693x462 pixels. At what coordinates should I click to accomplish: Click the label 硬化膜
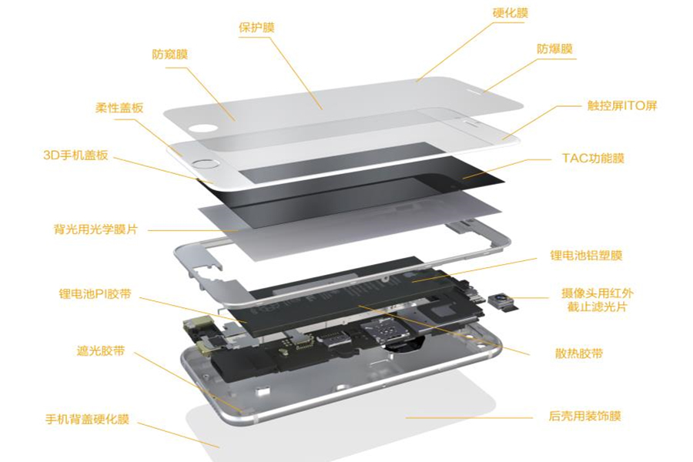pyautogui.click(x=510, y=13)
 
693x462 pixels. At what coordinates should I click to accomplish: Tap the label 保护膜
pyautogui.click(x=256, y=28)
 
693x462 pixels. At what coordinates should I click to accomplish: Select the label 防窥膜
pyautogui.click(x=170, y=55)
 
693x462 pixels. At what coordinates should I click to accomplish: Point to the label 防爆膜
pyautogui.click(x=554, y=49)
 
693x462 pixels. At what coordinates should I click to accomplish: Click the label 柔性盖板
pyautogui.click(x=119, y=108)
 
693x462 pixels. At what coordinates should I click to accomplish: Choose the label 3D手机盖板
pyautogui.click(x=75, y=156)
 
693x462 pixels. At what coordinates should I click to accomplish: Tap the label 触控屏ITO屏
pyautogui.click(x=622, y=106)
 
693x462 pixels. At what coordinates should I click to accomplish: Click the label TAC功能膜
pyautogui.click(x=593, y=159)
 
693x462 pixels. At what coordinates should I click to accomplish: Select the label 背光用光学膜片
pyautogui.click(x=95, y=229)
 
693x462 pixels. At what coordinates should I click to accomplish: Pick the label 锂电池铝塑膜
pyautogui.click(x=586, y=256)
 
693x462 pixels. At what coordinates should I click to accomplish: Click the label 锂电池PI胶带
pyautogui.click(x=95, y=294)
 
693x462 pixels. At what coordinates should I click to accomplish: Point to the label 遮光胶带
pyautogui.click(x=101, y=351)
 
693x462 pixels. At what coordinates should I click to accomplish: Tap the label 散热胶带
pyautogui.click(x=579, y=353)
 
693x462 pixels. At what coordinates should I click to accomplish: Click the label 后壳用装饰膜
pyautogui.click(x=584, y=417)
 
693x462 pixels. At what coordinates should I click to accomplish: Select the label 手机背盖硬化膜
pyautogui.click(x=88, y=419)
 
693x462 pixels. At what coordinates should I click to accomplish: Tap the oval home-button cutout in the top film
pyautogui.click(x=203, y=129)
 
